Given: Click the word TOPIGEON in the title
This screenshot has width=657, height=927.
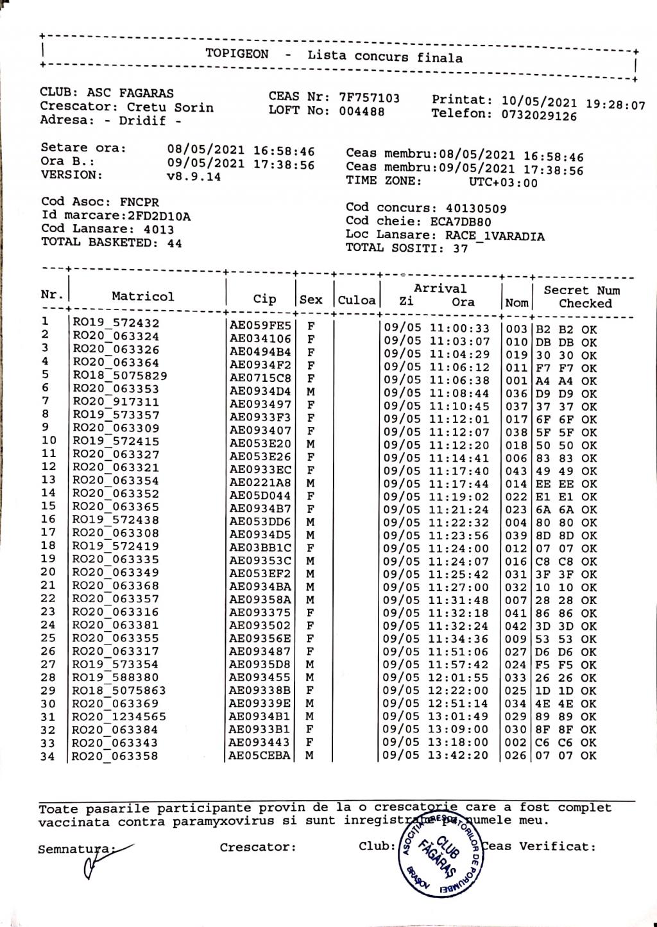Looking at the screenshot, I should pyautogui.click(x=237, y=55).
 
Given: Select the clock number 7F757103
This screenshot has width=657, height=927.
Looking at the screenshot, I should pyautogui.click(x=369, y=98).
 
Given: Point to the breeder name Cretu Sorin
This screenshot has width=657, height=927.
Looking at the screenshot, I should pyautogui.click(x=170, y=107).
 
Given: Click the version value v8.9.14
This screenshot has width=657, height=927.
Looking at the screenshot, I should pyautogui.click(x=194, y=177).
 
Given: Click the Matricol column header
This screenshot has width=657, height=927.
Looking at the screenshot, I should pyautogui.click(x=142, y=297).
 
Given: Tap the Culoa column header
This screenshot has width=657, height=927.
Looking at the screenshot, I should pyautogui.click(x=357, y=300).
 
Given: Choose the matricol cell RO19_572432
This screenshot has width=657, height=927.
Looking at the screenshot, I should pyautogui.click(x=115, y=323).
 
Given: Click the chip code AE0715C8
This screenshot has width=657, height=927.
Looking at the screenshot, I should pyautogui.click(x=260, y=378).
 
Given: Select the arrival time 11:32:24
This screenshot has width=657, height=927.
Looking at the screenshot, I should pyautogui.click(x=459, y=626).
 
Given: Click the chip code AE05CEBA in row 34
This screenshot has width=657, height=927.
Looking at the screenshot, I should pyautogui.click(x=260, y=756).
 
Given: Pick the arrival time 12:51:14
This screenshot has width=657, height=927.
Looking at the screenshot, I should pyautogui.click(x=459, y=704).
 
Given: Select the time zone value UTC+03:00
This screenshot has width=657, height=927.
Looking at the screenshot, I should pyautogui.click(x=504, y=183).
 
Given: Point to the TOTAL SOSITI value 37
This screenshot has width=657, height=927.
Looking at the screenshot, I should pyautogui.click(x=460, y=248).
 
